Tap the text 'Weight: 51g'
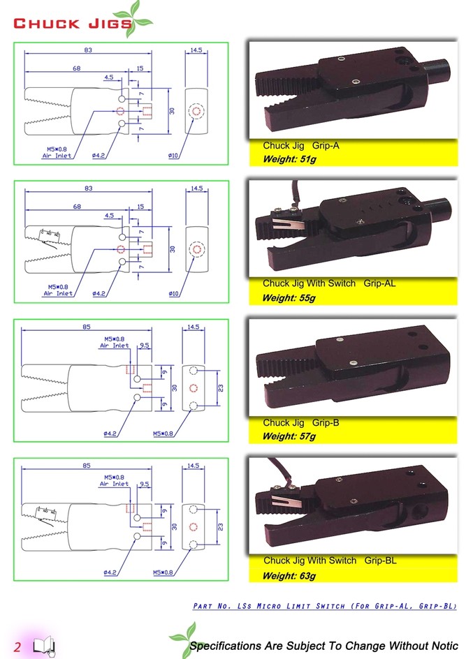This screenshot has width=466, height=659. [289, 160]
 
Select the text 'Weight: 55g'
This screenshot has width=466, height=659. [289, 298]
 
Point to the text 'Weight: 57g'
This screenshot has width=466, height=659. [289, 437]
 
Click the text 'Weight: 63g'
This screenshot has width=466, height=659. [289, 576]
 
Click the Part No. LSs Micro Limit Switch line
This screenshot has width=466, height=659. [324, 606]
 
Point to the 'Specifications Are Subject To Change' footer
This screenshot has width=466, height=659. [323, 646]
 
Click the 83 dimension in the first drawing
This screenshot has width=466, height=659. [88, 50]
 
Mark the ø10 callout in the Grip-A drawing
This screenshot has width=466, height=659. [173, 155]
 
